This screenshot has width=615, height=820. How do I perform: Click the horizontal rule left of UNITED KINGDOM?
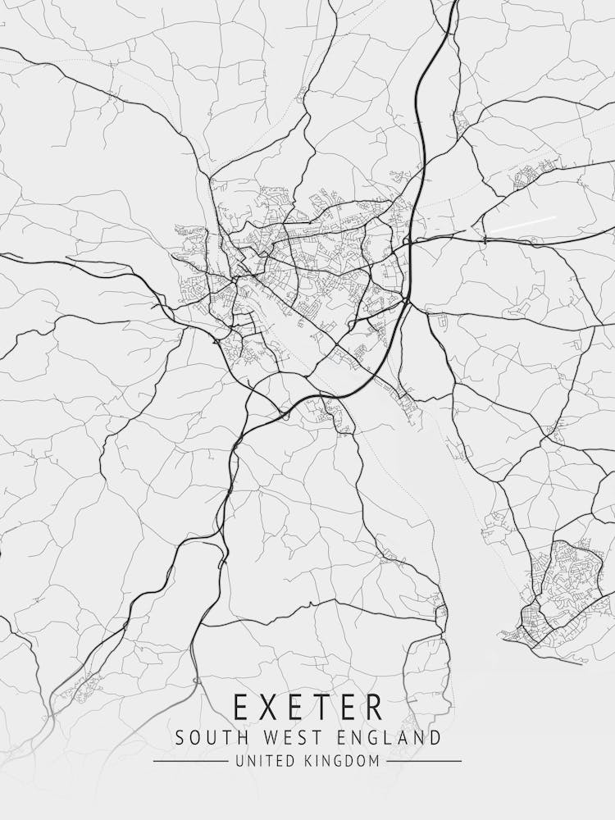[x=190, y=762]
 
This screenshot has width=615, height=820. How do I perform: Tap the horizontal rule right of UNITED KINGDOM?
[x=424, y=762]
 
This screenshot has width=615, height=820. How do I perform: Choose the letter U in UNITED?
[x=239, y=762]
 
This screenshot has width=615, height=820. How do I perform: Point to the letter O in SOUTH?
[x=195, y=737]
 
